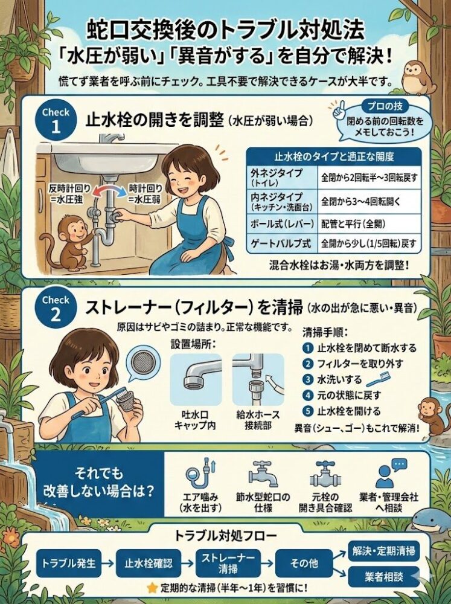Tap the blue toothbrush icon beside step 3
coord(374,379)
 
